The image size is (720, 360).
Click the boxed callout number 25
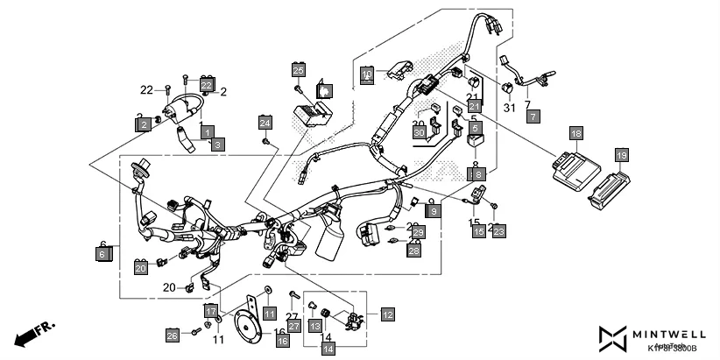[x=298, y=70]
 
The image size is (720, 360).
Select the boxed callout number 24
[x=265, y=123]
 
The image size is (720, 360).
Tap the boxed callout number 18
[x=575, y=133]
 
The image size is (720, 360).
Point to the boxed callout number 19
[x=621, y=156]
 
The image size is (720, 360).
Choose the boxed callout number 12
[x=386, y=313]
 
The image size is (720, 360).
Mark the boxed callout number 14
[x=328, y=349]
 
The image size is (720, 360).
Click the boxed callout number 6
[x=102, y=254]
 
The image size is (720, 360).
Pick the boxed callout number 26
[x=173, y=334]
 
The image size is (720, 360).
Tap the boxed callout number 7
[x=533, y=116]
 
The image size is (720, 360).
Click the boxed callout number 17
[x=210, y=311]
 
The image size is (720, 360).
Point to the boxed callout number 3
[x=217, y=143]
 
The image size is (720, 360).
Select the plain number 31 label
[x=507, y=108]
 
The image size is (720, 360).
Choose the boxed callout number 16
[x=282, y=341]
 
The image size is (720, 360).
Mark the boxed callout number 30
[x=419, y=133]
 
